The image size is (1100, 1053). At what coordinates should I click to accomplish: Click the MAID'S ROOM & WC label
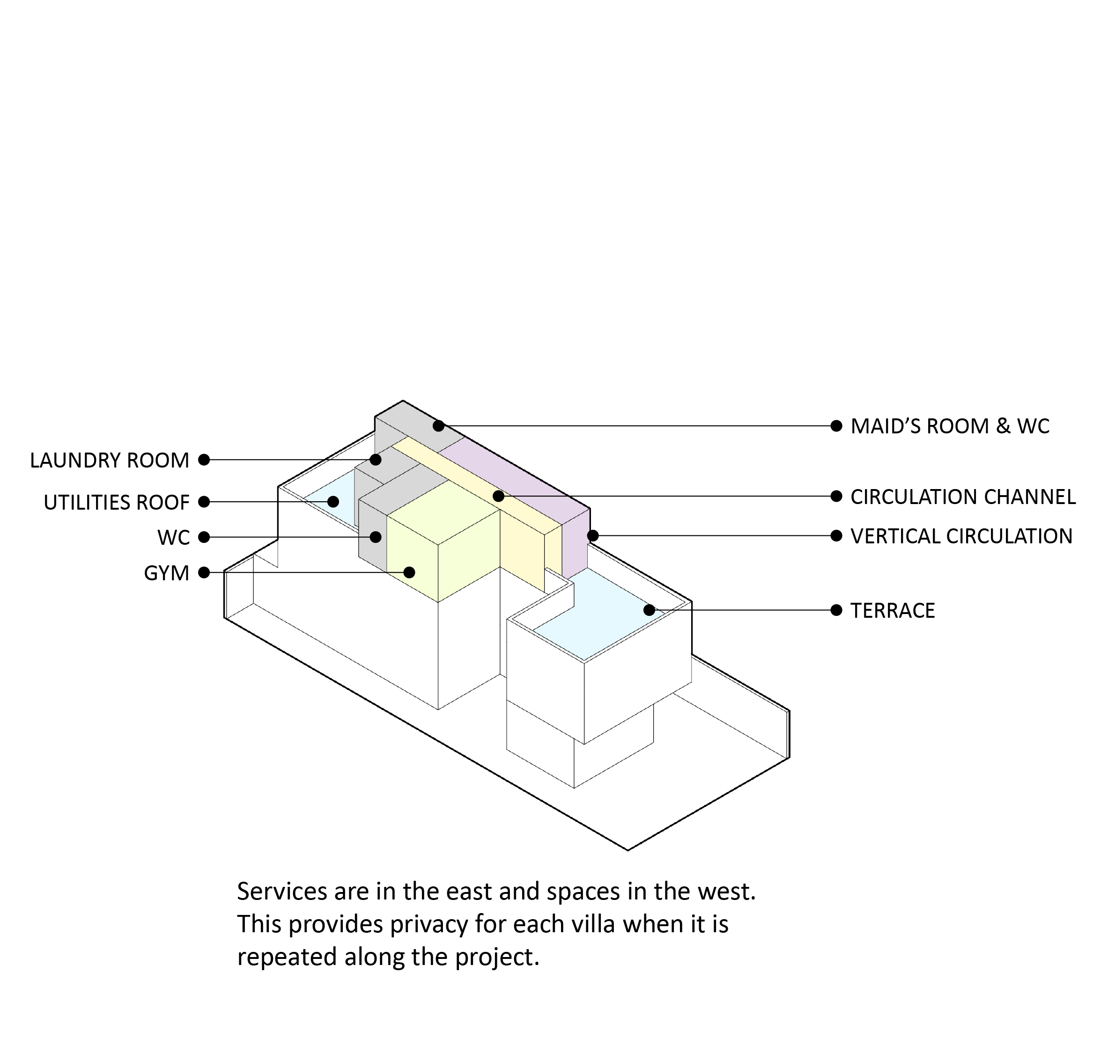tap(950, 426)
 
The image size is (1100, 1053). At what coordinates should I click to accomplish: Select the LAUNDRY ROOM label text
tap(110, 461)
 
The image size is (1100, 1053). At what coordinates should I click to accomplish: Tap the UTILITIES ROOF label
tap(116, 503)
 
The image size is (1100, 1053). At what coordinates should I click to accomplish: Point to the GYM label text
tap(166, 573)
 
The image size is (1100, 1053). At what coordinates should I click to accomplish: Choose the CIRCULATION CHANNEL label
tap(963, 497)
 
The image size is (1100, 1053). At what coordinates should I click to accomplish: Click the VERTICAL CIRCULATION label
tap(961, 536)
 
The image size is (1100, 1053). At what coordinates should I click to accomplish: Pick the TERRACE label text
tap(893, 611)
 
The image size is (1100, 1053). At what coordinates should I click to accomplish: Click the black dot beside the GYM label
tap(204, 573)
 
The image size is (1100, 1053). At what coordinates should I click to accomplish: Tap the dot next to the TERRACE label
tap(836, 610)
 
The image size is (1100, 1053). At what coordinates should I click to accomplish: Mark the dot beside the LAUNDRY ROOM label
tap(204, 460)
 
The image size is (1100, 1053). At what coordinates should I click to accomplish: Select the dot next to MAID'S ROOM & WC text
tap(836, 426)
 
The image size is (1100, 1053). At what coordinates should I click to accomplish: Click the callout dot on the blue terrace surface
tap(650, 610)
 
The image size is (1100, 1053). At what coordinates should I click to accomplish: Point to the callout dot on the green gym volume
tap(410, 573)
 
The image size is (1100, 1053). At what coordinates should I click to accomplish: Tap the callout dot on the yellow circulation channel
tap(498, 497)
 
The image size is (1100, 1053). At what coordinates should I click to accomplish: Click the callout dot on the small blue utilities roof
tap(333, 502)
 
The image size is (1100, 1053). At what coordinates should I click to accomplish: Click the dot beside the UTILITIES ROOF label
tap(204, 502)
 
